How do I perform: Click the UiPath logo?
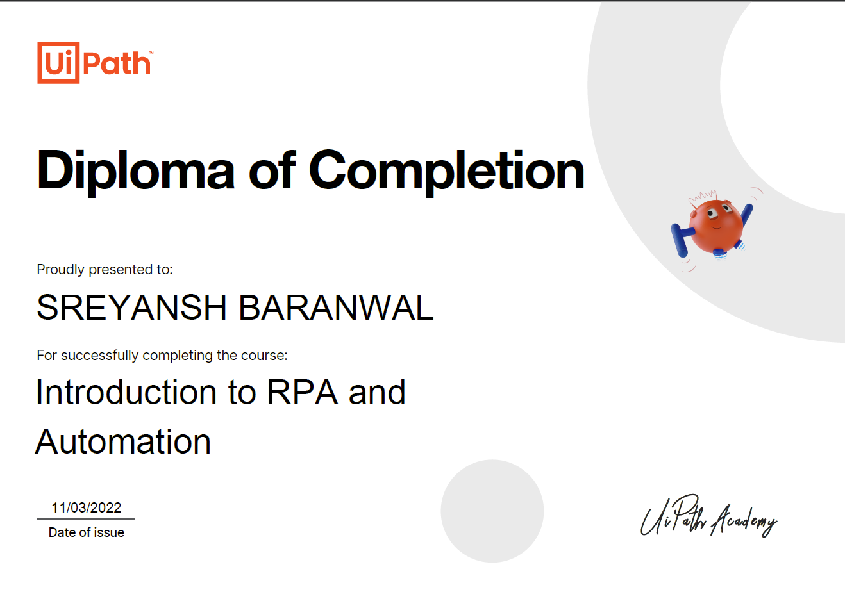click(x=95, y=63)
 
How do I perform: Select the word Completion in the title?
click(x=447, y=170)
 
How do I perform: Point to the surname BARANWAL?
click(x=336, y=308)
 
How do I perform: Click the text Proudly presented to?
click(x=105, y=270)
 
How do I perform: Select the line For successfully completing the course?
click(x=162, y=355)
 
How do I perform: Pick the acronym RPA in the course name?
click(x=302, y=392)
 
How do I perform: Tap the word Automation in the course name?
click(x=123, y=442)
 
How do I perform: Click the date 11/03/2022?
click(x=87, y=508)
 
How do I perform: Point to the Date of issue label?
click(x=87, y=532)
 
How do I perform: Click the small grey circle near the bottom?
click(x=492, y=511)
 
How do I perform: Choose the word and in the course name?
click(x=377, y=392)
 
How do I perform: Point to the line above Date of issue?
click(x=87, y=519)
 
